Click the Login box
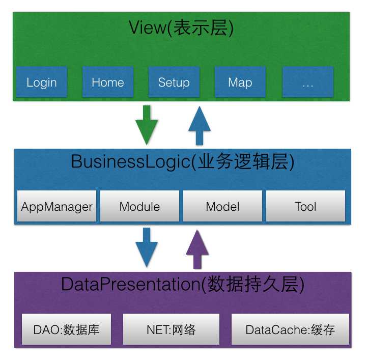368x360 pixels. point(42,82)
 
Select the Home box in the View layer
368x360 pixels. point(108,82)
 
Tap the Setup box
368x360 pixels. point(174,82)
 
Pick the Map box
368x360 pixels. point(240,82)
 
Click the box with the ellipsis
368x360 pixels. point(307,82)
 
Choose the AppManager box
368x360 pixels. point(56,206)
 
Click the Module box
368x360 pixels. point(139,206)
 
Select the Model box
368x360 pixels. point(222,206)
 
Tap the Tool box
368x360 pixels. point(305,206)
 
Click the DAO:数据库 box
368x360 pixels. point(66,329)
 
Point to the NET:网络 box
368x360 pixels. point(172,329)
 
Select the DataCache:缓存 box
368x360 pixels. point(290,329)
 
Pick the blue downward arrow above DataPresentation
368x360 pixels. point(147,247)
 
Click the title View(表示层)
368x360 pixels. point(181,29)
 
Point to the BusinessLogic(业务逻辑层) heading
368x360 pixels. point(182,161)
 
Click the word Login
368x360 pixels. point(42,82)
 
